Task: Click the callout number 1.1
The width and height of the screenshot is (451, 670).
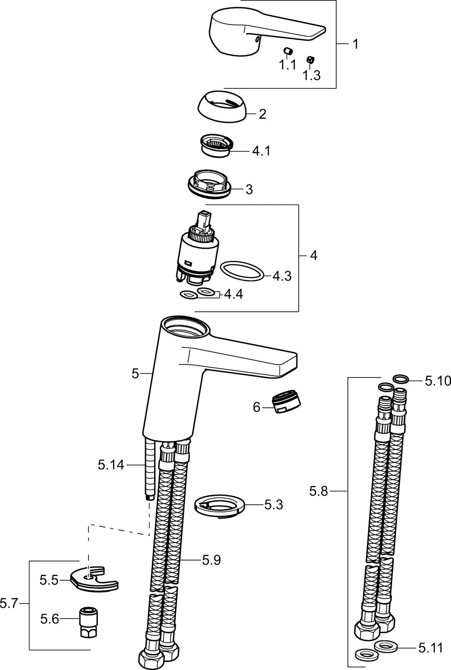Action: point(288,65)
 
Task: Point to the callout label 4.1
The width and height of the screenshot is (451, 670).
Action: point(261,151)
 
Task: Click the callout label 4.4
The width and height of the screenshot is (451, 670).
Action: point(233,294)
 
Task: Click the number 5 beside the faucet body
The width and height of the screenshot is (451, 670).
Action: point(135,373)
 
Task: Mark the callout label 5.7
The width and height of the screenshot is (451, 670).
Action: point(8,604)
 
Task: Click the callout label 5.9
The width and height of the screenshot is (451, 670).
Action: point(211,560)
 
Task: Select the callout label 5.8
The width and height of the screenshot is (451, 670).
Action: point(318,491)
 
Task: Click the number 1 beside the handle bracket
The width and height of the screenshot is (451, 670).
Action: point(355,44)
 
